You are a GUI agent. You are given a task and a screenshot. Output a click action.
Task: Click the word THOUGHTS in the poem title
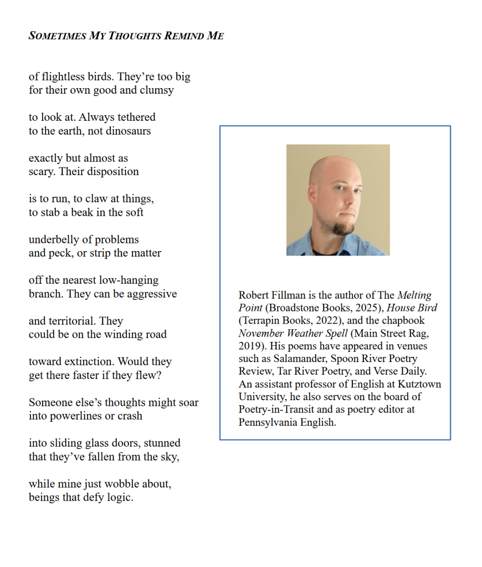(x=134, y=36)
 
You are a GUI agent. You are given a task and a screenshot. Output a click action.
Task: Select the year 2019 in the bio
(x=250, y=346)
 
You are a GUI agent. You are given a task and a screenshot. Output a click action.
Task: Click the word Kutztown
(x=421, y=384)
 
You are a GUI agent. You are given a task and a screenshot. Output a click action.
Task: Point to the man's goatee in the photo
(x=343, y=226)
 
